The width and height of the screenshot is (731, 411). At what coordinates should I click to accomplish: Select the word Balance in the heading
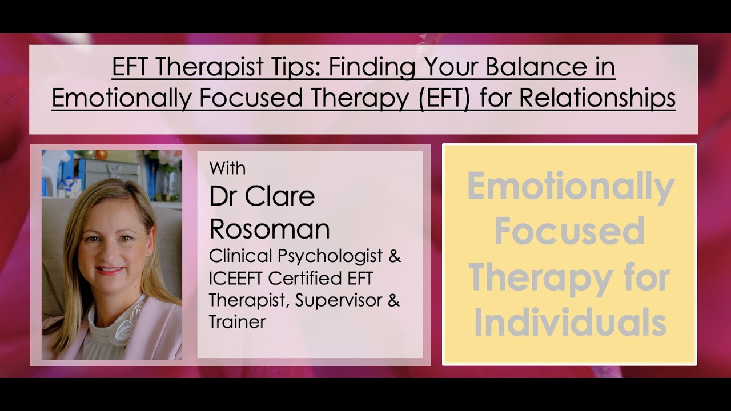[x=534, y=67]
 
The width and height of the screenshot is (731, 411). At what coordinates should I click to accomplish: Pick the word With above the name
[x=227, y=168]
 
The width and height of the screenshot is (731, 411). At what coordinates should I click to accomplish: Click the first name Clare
[x=280, y=196]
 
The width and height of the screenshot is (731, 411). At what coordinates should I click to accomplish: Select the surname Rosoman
[x=270, y=229]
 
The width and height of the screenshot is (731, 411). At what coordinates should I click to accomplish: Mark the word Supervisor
[x=340, y=300]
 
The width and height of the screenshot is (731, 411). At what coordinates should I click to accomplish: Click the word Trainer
[x=238, y=321]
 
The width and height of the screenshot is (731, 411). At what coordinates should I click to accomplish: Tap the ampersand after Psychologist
[x=394, y=256]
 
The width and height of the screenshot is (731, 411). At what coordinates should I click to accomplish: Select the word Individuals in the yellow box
[x=570, y=323]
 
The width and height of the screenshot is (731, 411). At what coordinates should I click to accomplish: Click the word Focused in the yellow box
[x=570, y=231]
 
